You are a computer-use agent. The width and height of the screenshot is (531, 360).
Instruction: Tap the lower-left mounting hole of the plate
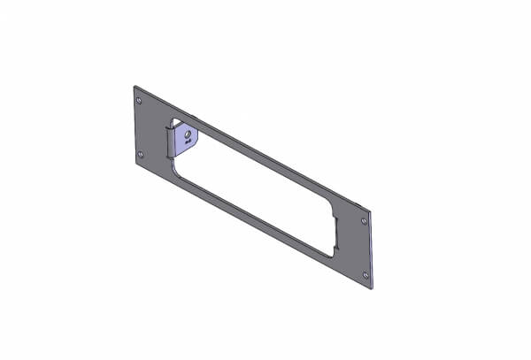pos(142,156)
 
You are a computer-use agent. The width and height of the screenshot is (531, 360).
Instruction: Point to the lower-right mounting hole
pos(365,275)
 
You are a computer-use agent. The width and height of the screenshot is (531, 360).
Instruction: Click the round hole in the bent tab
pos(188,135)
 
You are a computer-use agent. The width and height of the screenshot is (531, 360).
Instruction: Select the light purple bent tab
pos(183,140)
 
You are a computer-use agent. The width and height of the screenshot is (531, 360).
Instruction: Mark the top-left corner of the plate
pos(135,86)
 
